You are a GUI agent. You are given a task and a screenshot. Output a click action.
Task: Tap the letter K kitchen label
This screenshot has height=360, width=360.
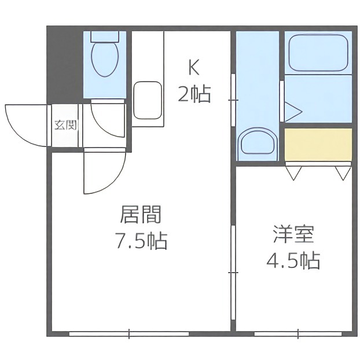[193, 68]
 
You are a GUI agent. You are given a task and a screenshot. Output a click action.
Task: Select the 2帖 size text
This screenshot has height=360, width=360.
[193, 93]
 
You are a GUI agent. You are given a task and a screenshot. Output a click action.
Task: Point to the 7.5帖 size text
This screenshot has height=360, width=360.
[140, 240]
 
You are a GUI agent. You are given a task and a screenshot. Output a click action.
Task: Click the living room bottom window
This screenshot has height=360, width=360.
[128, 333]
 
